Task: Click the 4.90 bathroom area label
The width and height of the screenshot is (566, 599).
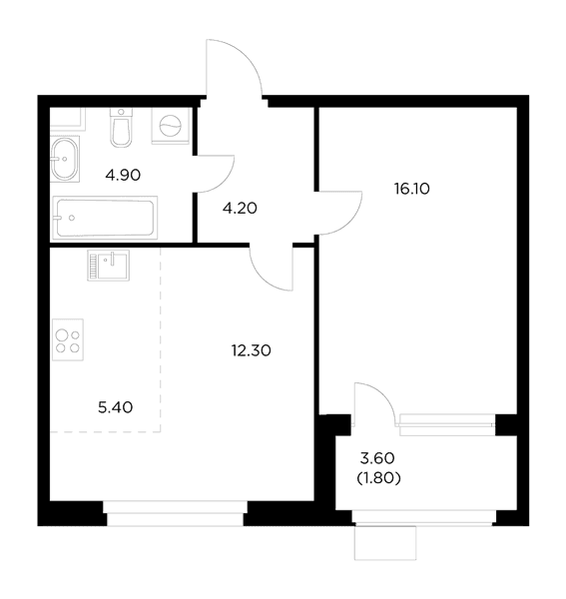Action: point(123,176)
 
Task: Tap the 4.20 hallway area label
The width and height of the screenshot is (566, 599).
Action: point(240,209)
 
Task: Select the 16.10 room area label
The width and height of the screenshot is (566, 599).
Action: point(412,189)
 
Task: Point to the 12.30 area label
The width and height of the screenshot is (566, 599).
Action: point(252,350)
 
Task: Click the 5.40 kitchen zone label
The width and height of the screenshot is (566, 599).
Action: point(116,407)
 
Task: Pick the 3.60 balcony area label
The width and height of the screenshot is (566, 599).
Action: point(377,458)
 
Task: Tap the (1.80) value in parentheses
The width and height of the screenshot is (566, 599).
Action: point(378,478)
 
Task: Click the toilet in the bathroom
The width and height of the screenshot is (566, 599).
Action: point(121,127)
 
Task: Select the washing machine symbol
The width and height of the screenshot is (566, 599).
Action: point(171,126)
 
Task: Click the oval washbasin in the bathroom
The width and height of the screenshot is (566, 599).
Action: point(65,159)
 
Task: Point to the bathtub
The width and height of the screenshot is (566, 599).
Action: point(105,218)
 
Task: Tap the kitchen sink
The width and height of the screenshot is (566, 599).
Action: point(109,266)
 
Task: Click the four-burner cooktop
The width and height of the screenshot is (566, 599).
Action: point(68,340)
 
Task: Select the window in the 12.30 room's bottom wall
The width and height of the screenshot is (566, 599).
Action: point(176,513)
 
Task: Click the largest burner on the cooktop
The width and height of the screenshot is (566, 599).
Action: point(62,335)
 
